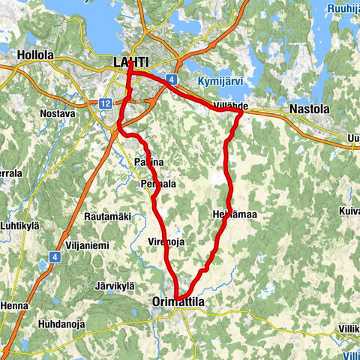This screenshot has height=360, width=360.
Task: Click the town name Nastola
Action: [x=309, y=109]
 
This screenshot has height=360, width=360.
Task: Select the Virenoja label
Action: [x=167, y=241]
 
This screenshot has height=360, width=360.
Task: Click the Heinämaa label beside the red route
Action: [x=235, y=214]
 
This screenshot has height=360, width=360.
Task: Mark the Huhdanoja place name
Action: [x=61, y=325]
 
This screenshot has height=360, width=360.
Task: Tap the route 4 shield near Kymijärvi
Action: [x=172, y=78]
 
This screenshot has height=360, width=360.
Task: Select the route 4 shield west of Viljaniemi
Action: [x=55, y=256]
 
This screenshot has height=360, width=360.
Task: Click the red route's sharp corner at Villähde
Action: [x=240, y=114]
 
